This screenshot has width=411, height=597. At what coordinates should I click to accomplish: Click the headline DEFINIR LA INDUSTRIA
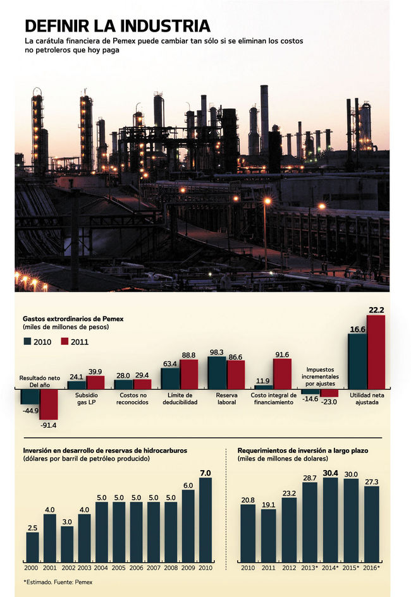(117, 25)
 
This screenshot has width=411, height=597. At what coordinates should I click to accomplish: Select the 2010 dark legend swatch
(27, 342)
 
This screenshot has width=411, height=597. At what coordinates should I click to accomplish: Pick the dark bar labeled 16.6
(357, 361)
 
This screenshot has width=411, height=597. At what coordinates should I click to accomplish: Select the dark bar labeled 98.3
(217, 373)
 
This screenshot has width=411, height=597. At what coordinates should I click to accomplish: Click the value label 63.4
(170, 363)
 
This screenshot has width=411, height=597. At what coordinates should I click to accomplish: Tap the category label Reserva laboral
(226, 399)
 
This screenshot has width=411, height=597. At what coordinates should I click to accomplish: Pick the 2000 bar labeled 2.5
(32, 547)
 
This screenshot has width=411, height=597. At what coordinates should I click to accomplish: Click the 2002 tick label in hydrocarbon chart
(67, 568)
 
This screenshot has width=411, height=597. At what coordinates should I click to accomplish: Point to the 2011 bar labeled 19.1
(268, 536)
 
